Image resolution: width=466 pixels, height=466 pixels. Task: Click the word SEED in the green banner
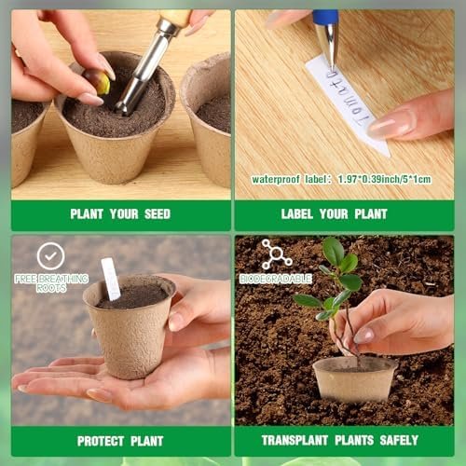(158, 214)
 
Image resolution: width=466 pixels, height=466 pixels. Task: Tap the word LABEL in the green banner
(296, 214)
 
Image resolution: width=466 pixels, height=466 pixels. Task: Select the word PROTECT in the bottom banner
(101, 441)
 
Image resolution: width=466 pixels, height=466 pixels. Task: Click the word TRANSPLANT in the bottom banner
(295, 440)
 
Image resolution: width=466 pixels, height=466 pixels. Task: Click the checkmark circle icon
(51, 256)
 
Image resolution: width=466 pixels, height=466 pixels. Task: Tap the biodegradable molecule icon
(276, 254)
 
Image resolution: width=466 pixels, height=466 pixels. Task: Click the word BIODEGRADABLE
(276, 279)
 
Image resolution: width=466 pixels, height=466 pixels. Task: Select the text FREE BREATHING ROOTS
(51, 283)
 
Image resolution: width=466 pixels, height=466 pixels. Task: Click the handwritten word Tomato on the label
(347, 98)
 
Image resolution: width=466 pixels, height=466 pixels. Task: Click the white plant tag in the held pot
(111, 279)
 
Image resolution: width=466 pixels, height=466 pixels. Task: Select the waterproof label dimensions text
(341, 179)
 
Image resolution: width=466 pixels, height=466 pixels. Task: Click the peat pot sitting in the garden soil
(355, 378)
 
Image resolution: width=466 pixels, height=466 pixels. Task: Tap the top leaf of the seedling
(334, 251)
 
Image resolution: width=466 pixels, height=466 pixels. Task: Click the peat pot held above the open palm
(130, 326)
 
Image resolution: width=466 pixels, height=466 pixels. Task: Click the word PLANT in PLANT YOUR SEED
(87, 214)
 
